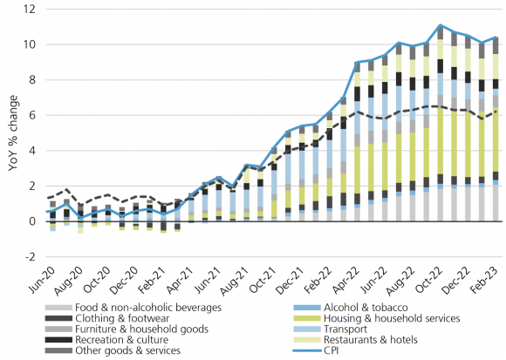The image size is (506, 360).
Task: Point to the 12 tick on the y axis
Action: click(x=32, y=9)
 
